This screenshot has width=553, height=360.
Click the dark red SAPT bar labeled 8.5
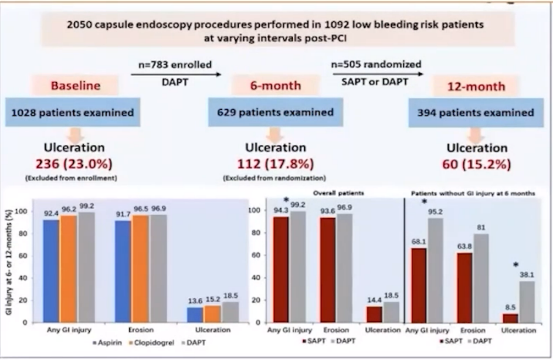511,318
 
